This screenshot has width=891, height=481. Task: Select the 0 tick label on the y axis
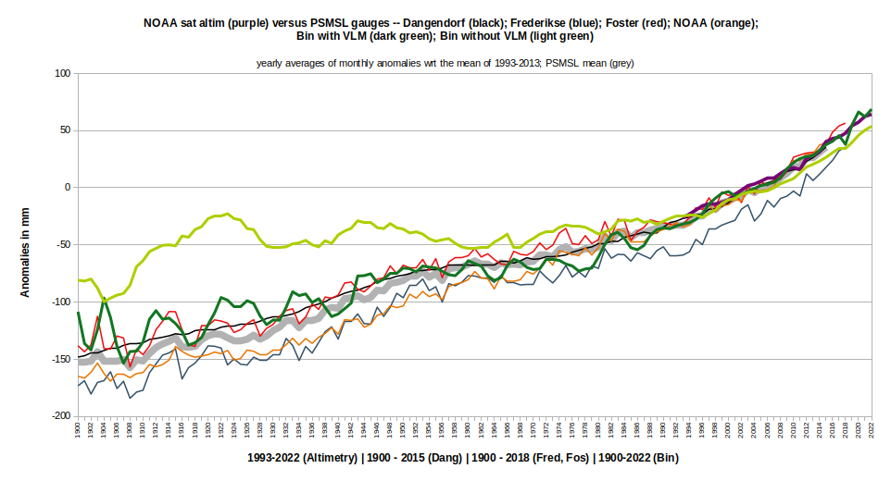[67, 188]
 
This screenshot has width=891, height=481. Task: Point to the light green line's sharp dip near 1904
[105, 299]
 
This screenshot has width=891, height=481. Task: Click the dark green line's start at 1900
[78, 313]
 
